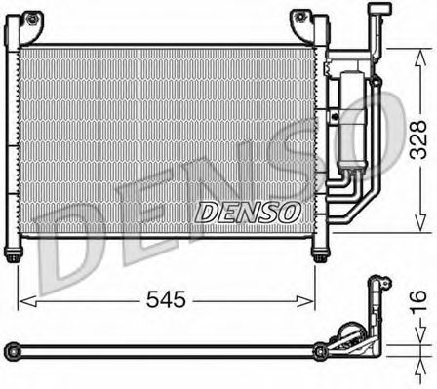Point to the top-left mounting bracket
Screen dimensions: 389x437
(x=35, y=19)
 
